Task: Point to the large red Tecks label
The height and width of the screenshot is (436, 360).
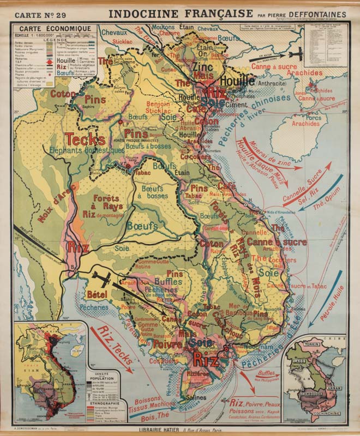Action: click(85, 140)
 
